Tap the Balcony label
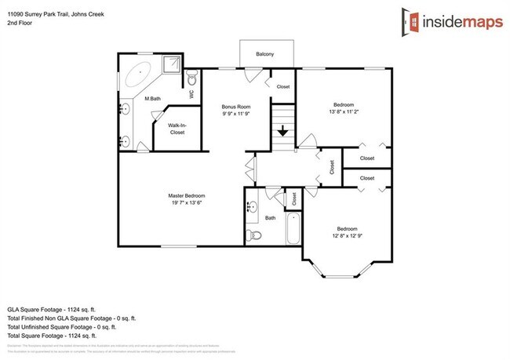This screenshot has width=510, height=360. (265, 54)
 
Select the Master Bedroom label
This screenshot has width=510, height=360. (187, 195)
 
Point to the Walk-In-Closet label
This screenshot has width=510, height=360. (177, 129)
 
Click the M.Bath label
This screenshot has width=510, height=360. (152, 99)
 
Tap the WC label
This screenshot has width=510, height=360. (191, 94)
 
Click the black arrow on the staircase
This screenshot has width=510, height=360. (282, 132)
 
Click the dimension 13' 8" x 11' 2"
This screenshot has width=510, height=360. (344, 112)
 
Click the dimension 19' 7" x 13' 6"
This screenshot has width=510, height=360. (187, 202)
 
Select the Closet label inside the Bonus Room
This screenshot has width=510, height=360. (283, 86)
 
